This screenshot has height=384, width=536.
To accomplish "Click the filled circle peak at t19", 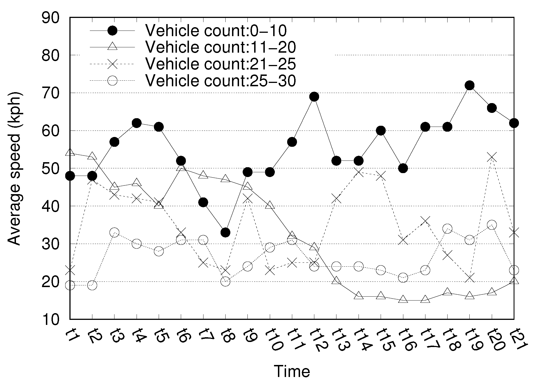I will (x=469, y=85).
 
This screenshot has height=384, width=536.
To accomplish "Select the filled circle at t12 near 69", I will (x=314, y=97).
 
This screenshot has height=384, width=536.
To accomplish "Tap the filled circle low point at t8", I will (x=225, y=232).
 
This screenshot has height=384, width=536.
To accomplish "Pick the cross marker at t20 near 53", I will (x=492, y=157).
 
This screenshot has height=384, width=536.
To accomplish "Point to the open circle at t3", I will (x=114, y=232).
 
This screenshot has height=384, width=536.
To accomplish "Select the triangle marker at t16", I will (x=403, y=299).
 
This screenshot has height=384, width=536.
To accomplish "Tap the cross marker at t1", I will (x=70, y=270).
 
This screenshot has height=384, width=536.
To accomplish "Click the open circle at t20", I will (x=492, y=225).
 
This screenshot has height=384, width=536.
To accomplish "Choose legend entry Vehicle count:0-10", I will (x=216, y=31).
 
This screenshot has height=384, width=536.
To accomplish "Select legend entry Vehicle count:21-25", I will (x=220, y=64).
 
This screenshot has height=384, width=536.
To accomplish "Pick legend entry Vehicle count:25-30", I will (x=220, y=81).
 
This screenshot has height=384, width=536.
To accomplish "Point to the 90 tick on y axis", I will (x=50, y=18).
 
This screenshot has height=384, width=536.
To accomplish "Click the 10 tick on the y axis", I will (x=50, y=319).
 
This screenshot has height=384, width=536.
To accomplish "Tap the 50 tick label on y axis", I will (x=50, y=168).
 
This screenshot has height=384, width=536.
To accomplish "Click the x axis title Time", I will (x=292, y=371).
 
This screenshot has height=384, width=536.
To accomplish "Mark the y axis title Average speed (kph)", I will (x=14, y=168).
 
